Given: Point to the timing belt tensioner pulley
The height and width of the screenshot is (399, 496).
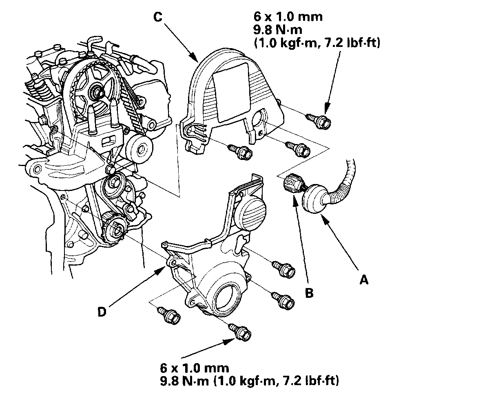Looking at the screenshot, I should pyautogui.click(x=139, y=148).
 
